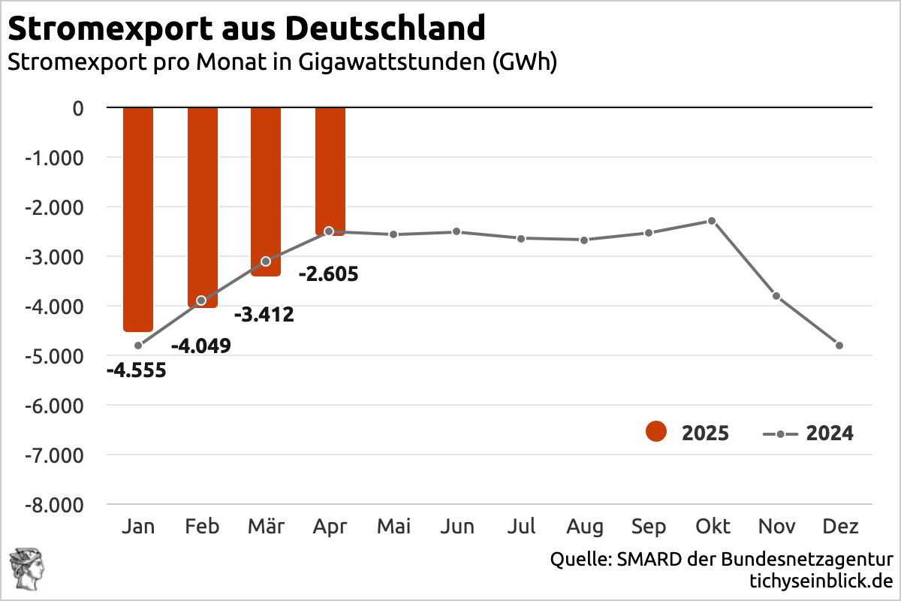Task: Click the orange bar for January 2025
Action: point(138,218)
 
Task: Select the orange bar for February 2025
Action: point(202,207)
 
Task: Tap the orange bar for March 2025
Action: point(266,192)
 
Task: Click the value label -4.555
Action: point(136,370)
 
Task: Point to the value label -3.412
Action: point(264,315)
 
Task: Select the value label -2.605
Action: point(328,274)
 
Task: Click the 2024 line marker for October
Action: point(712,221)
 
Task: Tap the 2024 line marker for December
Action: point(839,346)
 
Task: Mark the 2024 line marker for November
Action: point(776,296)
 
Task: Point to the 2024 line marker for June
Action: point(457,231)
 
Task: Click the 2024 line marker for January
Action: point(138,346)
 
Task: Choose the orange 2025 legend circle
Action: point(655,433)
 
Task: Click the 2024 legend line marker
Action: point(780,434)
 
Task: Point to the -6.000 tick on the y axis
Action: point(56,405)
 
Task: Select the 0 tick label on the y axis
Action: point(78,108)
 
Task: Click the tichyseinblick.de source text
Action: point(821,581)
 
